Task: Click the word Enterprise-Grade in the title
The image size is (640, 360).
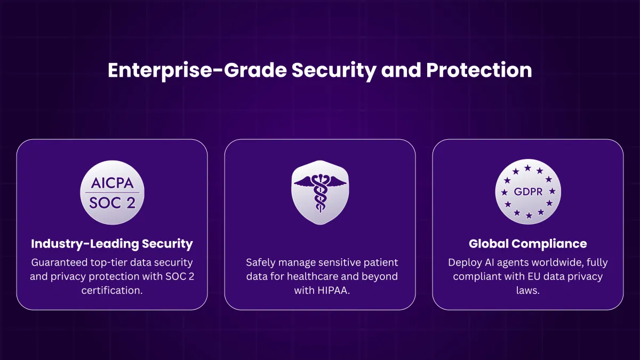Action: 197,70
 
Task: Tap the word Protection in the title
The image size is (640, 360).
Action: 479,70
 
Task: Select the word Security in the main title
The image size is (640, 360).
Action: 334,71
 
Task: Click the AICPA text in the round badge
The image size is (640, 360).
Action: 113,183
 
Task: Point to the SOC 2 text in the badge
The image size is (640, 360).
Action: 113,203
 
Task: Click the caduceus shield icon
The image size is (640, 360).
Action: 320,193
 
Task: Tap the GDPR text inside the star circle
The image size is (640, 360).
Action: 528,191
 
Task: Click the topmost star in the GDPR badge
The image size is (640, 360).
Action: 527,168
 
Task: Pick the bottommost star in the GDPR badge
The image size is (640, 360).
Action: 529,215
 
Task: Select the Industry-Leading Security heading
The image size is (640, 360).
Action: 112,244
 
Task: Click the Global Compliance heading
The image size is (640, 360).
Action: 527,244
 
